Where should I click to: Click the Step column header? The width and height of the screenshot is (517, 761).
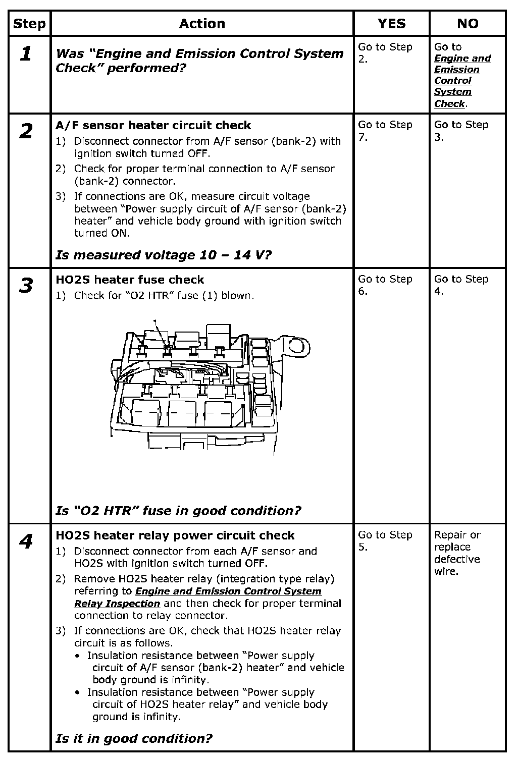pyautogui.click(x=29, y=24)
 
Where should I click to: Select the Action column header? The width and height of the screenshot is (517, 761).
pyautogui.click(x=202, y=24)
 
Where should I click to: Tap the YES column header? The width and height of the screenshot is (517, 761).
pyautogui.click(x=391, y=24)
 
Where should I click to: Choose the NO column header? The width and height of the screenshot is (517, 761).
pyautogui.click(x=468, y=24)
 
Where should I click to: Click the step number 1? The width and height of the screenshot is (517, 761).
pyautogui.click(x=26, y=53)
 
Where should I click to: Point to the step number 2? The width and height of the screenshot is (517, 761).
pyautogui.click(x=26, y=131)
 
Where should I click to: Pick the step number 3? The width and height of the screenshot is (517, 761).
pyautogui.click(x=26, y=286)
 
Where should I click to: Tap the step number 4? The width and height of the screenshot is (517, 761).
pyautogui.click(x=26, y=541)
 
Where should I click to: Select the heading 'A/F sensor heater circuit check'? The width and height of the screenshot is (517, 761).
pyautogui.click(x=153, y=125)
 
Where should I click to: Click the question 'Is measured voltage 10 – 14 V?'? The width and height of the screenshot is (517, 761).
pyautogui.click(x=163, y=255)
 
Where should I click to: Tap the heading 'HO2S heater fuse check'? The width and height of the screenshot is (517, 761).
pyautogui.click(x=130, y=280)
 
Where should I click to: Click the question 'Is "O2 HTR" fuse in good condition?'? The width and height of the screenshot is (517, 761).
pyautogui.click(x=178, y=511)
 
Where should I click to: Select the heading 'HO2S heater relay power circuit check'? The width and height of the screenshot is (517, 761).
pyautogui.click(x=175, y=535)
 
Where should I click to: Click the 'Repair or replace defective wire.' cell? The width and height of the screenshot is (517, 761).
pyautogui.click(x=457, y=553)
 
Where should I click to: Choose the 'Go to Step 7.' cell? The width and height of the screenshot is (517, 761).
pyautogui.click(x=385, y=131)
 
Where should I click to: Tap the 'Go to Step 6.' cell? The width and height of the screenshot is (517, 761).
pyautogui.click(x=385, y=285)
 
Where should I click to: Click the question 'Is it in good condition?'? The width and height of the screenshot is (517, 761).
pyautogui.click(x=134, y=738)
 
